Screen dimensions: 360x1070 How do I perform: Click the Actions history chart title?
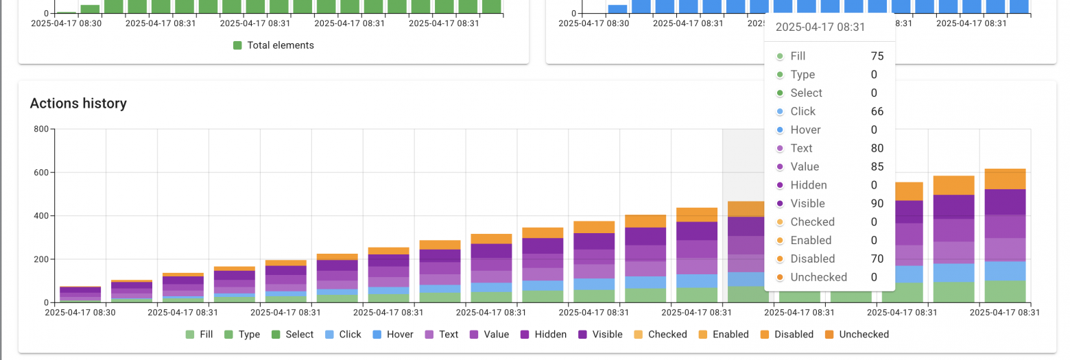coord(78,104)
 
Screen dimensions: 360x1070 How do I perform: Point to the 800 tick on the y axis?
coord(40,130)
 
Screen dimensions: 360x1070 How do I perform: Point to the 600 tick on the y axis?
coord(40,173)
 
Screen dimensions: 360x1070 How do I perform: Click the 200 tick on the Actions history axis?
coord(40,259)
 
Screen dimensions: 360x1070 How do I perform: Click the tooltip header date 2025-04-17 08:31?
coord(820,27)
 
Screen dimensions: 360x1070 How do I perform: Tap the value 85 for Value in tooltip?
coord(877,167)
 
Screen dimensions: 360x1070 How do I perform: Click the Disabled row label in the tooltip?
coord(812,259)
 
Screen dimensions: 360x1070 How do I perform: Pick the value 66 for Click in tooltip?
coord(877,111)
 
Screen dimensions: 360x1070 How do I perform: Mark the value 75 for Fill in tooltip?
coord(877,56)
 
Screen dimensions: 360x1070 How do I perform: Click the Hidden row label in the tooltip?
coord(808,185)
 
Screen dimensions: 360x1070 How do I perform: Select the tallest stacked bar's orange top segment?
coord(1005,179)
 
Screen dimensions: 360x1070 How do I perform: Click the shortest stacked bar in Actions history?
coord(80,294)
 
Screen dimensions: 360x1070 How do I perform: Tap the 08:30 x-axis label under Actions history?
coord(80,313)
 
